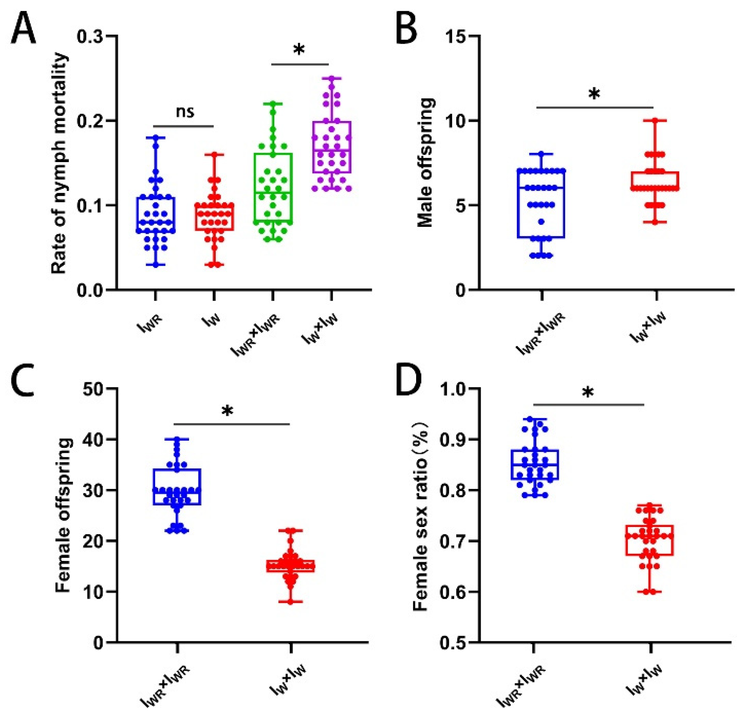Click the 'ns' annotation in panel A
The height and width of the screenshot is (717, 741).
[185, 112]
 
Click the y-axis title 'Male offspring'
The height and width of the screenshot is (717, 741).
[426, 163]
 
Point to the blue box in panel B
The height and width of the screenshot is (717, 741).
[541, 204]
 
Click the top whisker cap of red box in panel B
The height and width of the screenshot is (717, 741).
[654, 120]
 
